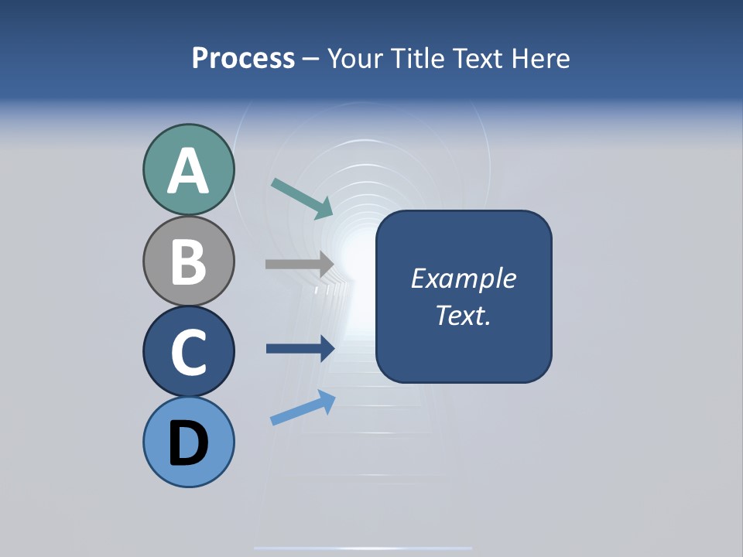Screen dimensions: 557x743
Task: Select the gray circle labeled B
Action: coord(188,261)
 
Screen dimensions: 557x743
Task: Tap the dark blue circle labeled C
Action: coord(188,351)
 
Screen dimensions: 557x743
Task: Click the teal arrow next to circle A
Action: coord(303,198)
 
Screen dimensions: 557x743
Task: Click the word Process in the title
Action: coord(243,58)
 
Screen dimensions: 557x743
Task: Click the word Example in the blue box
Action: coord(463,278)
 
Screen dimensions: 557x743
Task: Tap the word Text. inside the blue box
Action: coord(463,316)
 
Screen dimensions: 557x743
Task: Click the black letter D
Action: coord(188,443)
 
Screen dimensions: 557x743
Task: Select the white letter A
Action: coord(188,172)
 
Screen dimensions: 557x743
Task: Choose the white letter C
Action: coord(188,353)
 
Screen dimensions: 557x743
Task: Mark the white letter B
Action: coord(188,261)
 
